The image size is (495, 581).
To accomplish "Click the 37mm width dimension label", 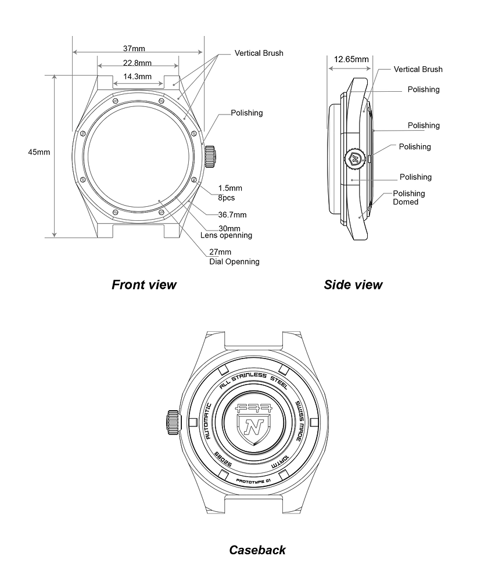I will click(134, 48).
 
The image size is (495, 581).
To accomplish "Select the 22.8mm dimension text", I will click(137, 63).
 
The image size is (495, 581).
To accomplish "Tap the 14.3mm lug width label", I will click(137, 76).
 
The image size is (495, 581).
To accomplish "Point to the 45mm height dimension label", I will click(39, 152).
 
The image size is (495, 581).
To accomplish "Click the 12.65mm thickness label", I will click(351, 59).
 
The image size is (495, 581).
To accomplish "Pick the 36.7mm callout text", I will click(232, 215).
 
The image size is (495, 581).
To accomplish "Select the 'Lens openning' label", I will click(226, 235).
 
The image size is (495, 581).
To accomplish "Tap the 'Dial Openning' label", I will click(234, 261).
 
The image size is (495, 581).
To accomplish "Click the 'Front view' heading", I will click(144, 285).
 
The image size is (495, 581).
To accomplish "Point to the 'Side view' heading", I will click(353, 285).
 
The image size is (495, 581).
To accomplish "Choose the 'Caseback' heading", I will click(257, 550).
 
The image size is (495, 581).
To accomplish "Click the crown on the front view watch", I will click(211, 156).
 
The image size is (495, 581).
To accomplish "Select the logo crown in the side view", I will click(355, 158).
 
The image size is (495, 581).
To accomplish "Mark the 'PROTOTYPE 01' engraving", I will click(253, 482).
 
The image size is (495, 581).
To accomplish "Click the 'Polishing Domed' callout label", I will click(409, 198).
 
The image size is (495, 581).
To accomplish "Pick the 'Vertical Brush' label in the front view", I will click(259, 53).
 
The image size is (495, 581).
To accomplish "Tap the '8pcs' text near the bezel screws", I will click(227, 198).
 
